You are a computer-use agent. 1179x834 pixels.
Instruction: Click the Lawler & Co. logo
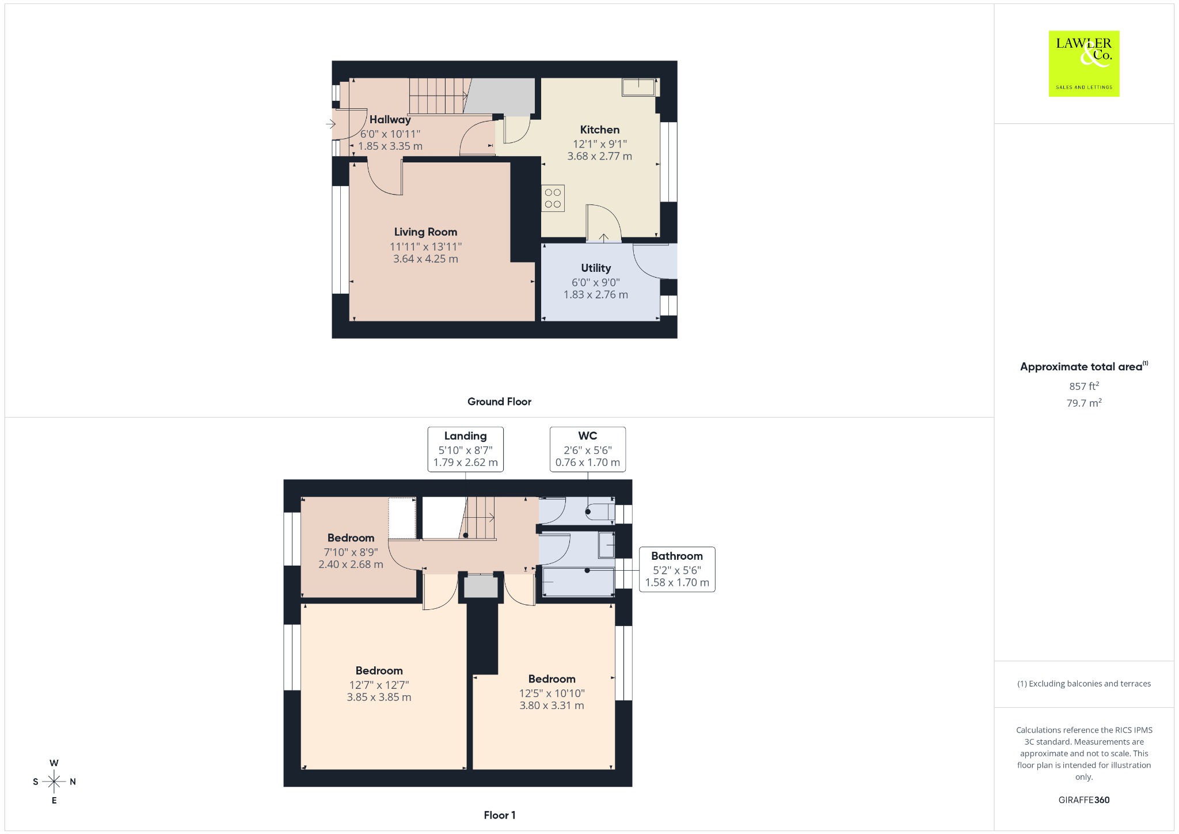coord(1083,63)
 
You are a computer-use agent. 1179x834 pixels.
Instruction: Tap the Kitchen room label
coord(599,130)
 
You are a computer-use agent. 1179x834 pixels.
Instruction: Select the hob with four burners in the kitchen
coord(553,198)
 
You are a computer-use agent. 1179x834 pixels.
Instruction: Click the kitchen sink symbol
coord(638,88)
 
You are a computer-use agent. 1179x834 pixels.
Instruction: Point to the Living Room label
coord(425,232)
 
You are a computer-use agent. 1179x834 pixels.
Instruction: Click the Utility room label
coord(596,268)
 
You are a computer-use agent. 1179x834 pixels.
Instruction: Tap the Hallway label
coord(390,120)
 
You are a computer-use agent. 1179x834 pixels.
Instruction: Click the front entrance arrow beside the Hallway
coord(330,124)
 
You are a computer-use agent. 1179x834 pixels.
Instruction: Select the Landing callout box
coord(465,449)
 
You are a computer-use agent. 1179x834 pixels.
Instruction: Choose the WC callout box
coord(588,449)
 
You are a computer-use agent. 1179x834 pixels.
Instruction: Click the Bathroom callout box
coord(677,569)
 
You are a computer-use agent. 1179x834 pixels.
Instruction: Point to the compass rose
coord(54,782)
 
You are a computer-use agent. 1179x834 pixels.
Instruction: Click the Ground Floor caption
coord(499,402)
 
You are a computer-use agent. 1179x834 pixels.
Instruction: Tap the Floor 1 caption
coord(500,815)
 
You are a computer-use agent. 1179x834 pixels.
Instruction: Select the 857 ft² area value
coord(1084,386)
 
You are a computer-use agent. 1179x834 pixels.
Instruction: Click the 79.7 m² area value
coord(1084,403)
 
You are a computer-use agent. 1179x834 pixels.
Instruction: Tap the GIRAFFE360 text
coord(1084,800)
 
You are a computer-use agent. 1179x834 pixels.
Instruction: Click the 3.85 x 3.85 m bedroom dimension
coord(379,697)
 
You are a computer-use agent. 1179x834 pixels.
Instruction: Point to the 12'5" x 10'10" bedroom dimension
coord(552,693)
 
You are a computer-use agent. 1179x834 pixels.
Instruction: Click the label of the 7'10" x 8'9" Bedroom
coord(351,538)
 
